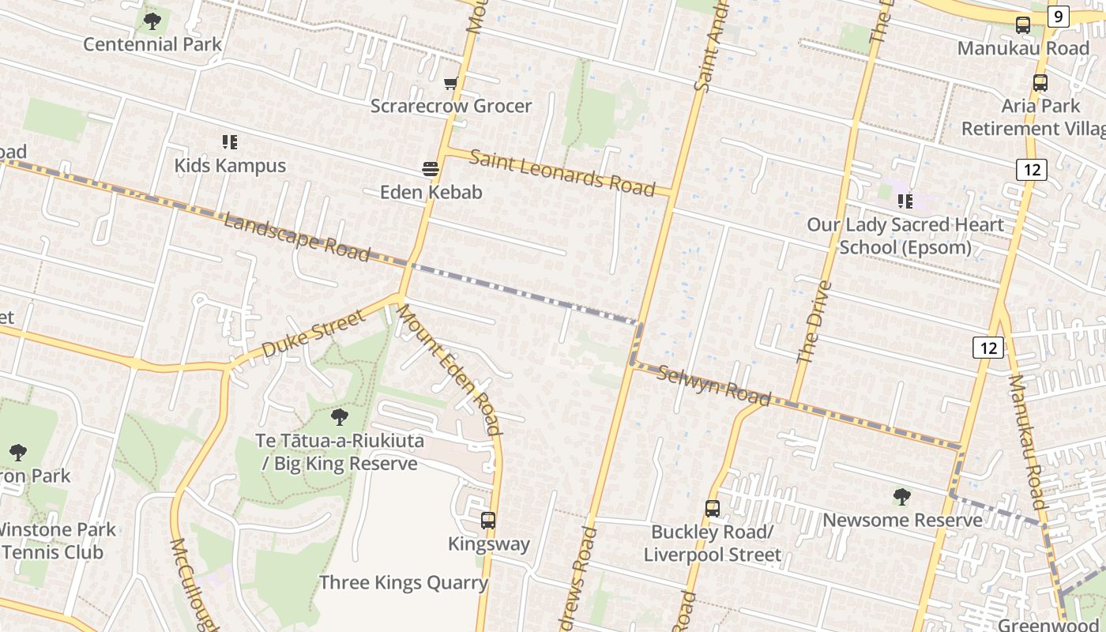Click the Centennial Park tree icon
tap(152, 21)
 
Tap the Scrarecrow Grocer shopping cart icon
tap(451, 83)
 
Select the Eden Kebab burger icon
tap(431, 168)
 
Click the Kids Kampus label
tap(230, 165)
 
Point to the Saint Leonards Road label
tap(562, 171)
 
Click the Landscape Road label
tap(296, 236)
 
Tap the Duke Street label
tap(314, 333)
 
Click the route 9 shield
tap(1059, 16)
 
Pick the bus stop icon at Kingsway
tap(488, 520)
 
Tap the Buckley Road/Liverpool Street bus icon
tap(713, 508)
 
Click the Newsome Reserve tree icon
tap(901, 497)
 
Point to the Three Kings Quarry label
tap(404, 583)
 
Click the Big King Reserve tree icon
tap(340, 416)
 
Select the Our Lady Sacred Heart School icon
tap(905, 201)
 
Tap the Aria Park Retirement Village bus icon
tap(1040, 82)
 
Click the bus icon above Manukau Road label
tap(1023, 24)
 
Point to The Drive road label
tap(814, 322)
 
